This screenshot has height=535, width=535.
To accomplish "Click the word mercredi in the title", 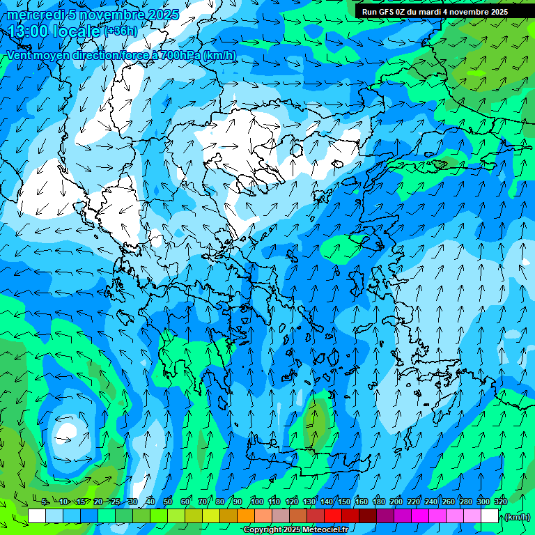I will coord(32,15).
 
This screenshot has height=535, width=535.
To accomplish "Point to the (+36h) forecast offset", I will coord(120,31).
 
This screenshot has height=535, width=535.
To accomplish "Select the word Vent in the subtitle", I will coord(20,55).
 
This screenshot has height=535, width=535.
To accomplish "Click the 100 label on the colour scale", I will coord(256,502).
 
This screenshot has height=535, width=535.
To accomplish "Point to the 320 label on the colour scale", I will coord(500,502).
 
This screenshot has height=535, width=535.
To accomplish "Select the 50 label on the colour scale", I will coord(168,502).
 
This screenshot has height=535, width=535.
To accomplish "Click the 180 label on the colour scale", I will coord(378,502).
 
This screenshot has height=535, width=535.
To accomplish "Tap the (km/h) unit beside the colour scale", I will coord(517,517).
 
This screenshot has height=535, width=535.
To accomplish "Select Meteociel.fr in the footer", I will coord(325,530).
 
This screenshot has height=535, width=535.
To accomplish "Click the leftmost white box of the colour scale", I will coord(37,516).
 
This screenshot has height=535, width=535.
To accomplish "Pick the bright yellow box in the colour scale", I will coord(211,516).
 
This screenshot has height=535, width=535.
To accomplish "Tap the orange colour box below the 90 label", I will coord(246,516).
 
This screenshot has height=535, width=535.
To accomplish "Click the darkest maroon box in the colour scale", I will coord(368,516).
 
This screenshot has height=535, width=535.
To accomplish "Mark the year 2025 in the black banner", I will coord(497,12).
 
